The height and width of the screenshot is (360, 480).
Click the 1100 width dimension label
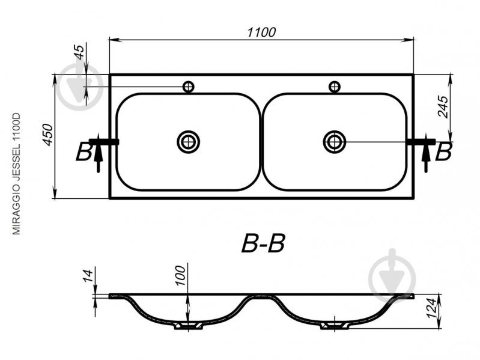tap(261, 32)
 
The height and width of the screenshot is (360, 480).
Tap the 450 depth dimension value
tap(47, 135)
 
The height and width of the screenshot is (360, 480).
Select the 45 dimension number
tap(79, 52)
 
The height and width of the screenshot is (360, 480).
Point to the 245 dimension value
tap(443, 106)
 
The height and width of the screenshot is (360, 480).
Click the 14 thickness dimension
tap(88, 276)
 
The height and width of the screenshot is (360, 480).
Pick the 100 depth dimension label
tap(181, 275)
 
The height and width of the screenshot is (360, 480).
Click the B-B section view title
tap(263, 243)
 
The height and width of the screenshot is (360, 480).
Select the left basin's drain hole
tap(188, 142)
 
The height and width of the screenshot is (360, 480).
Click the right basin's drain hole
tap(335, 142)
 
